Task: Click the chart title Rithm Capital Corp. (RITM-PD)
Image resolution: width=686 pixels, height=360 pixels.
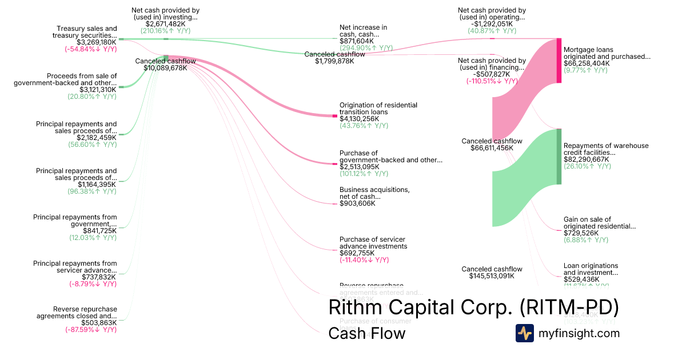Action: click(474, 307)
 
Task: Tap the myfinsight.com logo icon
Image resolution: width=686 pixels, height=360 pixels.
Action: click(525, 333)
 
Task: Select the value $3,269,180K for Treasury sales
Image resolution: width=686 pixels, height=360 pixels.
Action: click(97, 42)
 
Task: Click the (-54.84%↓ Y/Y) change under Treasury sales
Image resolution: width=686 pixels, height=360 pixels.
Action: click(90, 49)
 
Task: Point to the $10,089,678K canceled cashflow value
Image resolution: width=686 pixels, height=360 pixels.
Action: click(165, 67)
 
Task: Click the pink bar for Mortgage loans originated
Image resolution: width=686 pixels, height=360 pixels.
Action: click(559, 61)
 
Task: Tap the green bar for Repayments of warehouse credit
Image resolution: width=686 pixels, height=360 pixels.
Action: click(559, 157)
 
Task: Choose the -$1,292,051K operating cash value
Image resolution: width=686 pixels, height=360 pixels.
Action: click(492, 24)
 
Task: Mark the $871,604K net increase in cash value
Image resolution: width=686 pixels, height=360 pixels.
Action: click(357, 41)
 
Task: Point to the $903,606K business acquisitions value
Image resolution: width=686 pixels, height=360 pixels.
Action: click(357, 203)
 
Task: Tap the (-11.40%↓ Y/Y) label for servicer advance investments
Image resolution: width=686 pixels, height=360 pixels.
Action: click(364, 260)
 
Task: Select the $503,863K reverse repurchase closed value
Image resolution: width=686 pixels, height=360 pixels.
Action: click(97, 323)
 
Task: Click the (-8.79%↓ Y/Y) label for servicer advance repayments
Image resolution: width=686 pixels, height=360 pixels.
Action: click(93, 283)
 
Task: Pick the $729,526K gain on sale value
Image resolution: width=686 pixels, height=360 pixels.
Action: click(581, 233)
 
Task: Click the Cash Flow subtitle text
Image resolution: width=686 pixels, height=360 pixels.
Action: click(366, 334)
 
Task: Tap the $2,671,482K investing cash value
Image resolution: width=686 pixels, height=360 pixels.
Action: click(165, 24)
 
